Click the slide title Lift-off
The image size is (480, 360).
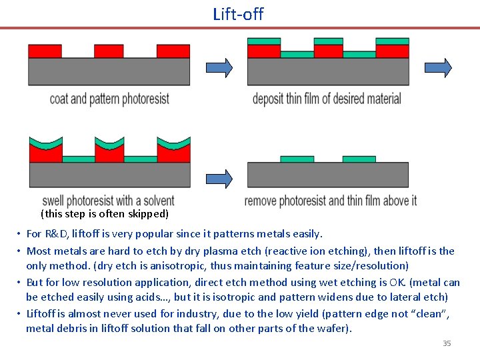pyautogui.click(x=238, y=13)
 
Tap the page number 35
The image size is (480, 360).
pyautogui.click(x=447, y=343)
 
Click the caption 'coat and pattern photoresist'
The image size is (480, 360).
pyautogui.click(x=109, y=99)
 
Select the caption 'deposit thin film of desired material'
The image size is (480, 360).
pyautogui.click(x=327, y=99)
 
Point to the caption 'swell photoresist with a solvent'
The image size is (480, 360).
pyautogui.click(x=108, y=201)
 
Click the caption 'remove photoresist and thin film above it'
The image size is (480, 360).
pyautogui.click(x=330, y=201)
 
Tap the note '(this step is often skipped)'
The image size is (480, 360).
pyautogui.click(x=105, y=214)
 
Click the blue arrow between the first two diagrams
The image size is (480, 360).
pyautogui.click(x=219, y=67)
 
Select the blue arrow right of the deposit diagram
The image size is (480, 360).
pyautogui.click(x=438, y=67)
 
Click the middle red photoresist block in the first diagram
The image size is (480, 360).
pyautogui.click(x=109, y=51)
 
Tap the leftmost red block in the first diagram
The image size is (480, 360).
pyautogui.click(x=45, y=51)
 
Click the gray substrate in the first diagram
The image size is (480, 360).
pyautogui.click(x=109, y=71)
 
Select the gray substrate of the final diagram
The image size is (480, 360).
pyautogui.click(x=327, y=175)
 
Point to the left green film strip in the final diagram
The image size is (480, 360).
pyautogui.click(x=297, y=159)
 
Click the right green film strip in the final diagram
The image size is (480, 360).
pyautogui.click(x=359, y=159)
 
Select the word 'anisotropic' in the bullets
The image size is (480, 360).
pyautogui.click(x=209, y=265)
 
